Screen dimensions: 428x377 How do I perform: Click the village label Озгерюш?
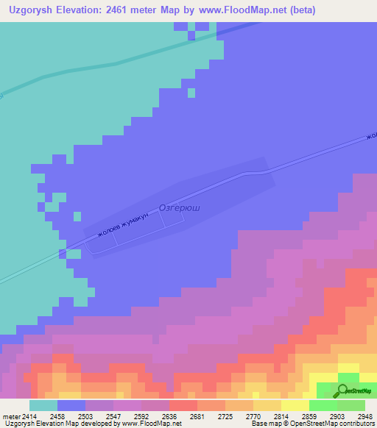pos(179,208)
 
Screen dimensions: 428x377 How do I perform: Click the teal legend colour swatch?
pos(43,404)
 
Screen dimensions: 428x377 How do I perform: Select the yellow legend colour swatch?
pos(295,404)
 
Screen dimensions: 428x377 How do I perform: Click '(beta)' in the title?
pos(317,10)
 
